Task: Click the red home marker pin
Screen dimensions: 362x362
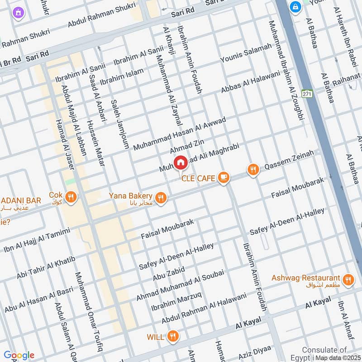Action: [x=180, y=162]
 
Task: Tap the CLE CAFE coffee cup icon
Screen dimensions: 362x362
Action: [x=223, y=178]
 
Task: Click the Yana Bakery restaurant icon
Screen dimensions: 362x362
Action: [x=160, y=198]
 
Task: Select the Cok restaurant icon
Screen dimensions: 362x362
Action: [x=71, y=197]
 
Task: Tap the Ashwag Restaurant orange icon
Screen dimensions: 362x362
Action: [x=348, y=280]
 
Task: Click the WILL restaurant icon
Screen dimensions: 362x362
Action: [x=172, y=336]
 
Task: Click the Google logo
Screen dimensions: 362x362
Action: [x=19, y=355]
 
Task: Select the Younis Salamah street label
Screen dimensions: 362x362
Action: [x=246, y=53]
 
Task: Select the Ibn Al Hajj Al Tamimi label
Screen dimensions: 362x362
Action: [x=37, y=239]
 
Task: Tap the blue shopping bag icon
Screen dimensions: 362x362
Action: [x=295, y=7]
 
